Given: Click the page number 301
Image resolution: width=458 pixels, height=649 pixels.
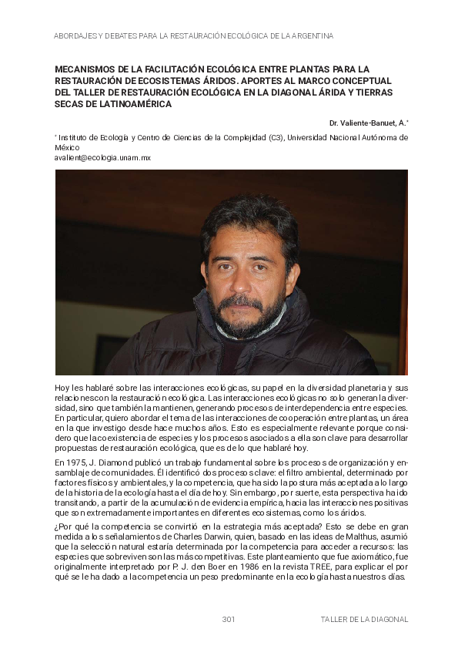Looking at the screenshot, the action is pyautogui.click(x=228, y=620).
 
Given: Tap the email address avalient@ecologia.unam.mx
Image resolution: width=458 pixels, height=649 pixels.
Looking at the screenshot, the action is pyautogui.click(x=102, y=157).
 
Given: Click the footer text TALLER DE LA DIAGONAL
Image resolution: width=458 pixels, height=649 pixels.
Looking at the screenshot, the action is pyautogui.click(x=364, y=620).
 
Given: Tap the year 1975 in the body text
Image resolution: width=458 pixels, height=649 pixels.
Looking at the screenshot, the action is pyautogui.click(x=75, y=462).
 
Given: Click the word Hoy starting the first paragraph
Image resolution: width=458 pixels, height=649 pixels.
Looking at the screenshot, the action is pyautogui.click(x=63, y=387).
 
